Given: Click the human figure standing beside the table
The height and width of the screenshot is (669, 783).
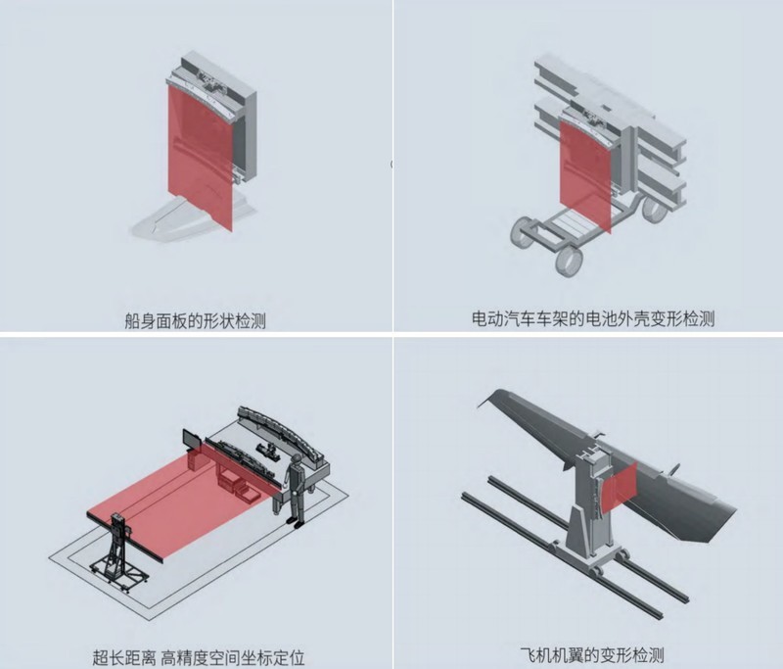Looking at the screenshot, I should pyautogui.click(x=293, y=490).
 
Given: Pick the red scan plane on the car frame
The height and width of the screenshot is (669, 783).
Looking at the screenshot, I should pyautogui.click(x=584, y=181).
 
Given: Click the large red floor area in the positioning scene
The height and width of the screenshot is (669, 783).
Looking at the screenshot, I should pyautogui.click(x=176, y=500).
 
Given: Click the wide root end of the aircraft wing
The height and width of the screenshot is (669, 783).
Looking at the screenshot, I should pyautogui.click(x=705, y=509).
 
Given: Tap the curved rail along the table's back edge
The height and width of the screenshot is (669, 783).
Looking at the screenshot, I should pyautogui.click(x=284, y=426).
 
